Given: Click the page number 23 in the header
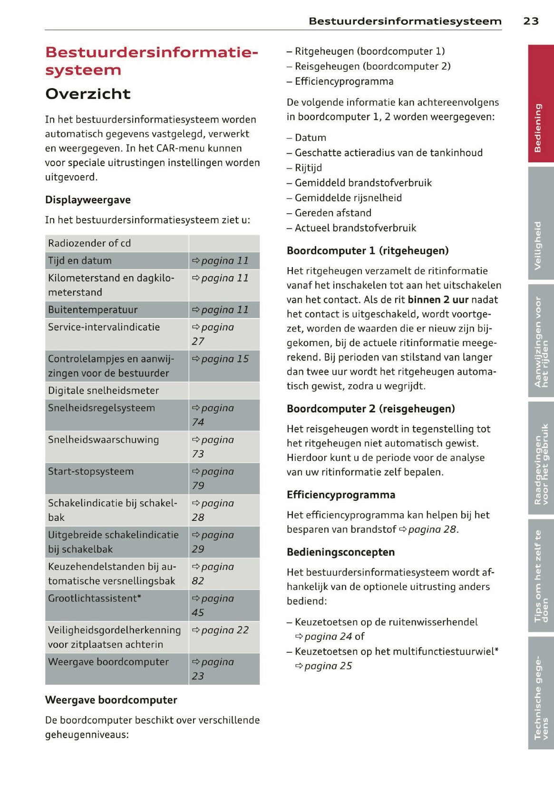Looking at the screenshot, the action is [x=531, y=21].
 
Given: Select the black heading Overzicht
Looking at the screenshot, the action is [x=88, y=94].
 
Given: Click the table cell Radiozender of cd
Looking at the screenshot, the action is [x=89, y=243].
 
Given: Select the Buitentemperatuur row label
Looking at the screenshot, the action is [x=93, y=310].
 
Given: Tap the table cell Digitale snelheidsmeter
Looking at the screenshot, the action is [x=104, y=391].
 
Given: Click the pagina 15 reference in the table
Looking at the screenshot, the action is [x=220, y=359].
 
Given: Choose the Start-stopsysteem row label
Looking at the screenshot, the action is [x=91, y=472].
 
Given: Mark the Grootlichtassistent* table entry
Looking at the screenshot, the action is [x=95, y=598].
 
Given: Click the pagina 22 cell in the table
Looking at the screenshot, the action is [x=220, y=630].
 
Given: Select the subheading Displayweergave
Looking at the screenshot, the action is [x=88, y=200].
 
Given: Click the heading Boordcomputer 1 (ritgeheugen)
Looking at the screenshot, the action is [x=368, y=251].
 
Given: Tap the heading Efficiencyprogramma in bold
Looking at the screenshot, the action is [x=340, y=495].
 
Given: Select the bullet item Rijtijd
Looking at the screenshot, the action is [x=308, y=168].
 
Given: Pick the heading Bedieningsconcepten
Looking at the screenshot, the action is [x=340, y=552].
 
